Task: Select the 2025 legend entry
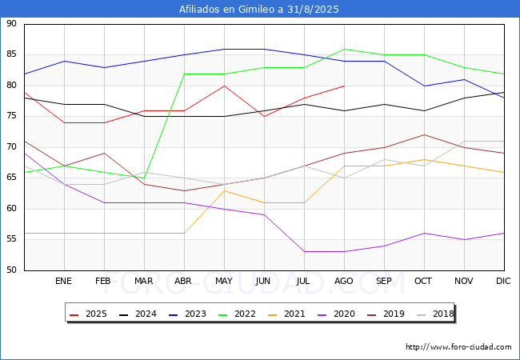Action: tap(88, 314)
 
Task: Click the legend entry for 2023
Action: tap(187, 314)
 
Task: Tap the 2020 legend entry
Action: tap(336, 314)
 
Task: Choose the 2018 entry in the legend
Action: tap(435, 314)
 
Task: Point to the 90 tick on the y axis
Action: tap(11, 23)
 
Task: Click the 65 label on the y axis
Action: tap(11, 178)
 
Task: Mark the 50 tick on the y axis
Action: tap(11, 270)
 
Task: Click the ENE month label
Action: tap(63, 281)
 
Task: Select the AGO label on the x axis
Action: tap(343, 281)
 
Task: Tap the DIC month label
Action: tap(503, 281)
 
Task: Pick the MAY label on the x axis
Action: tap(224, 281)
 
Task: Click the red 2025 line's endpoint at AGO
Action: tap(345, 86)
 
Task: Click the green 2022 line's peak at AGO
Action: tap(345, 49)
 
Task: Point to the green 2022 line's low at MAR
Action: tap(144, 178)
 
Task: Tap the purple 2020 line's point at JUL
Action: tap(305, 252)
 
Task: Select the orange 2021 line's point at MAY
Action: tap(225, 190)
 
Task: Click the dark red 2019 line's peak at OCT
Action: tap(425, 135)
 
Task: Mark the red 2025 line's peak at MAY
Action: tap(225, 86)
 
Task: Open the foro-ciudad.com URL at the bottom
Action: tap(458, 347)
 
